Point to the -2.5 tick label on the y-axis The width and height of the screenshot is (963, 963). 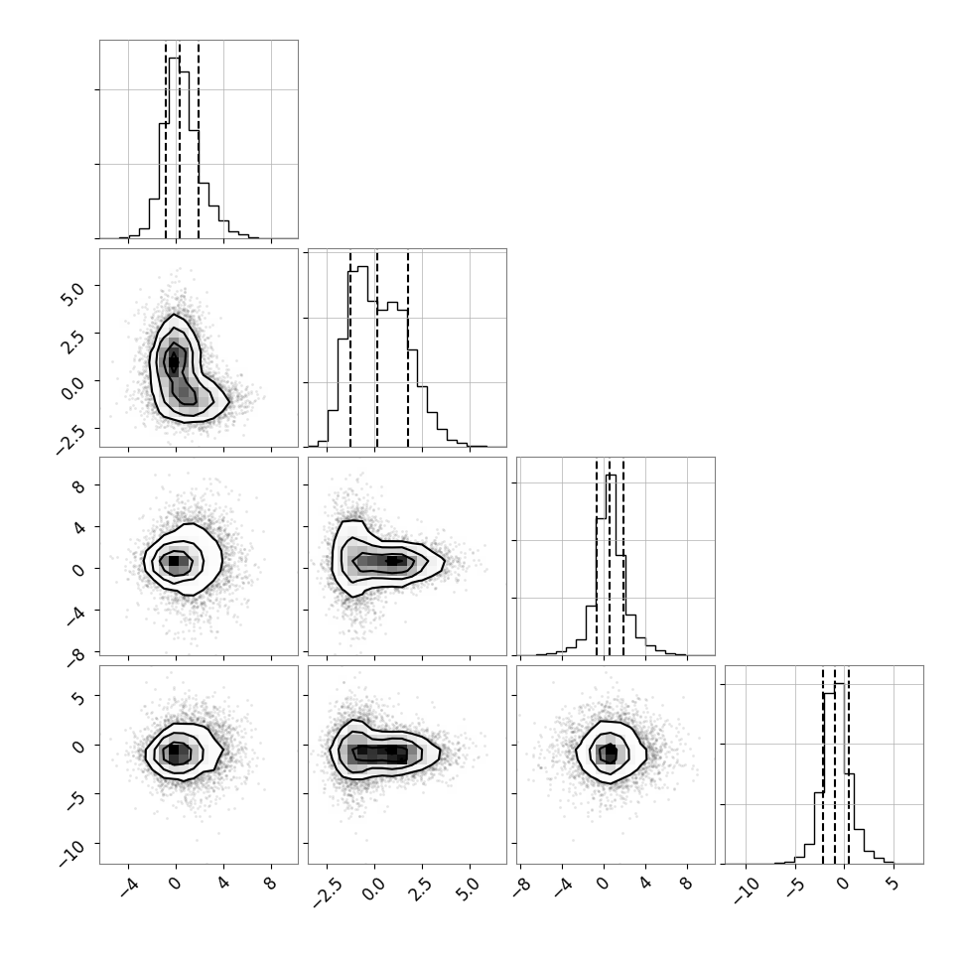point(71,441)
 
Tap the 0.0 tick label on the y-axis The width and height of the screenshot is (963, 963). point(72,388)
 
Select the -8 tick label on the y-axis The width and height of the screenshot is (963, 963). point(76,658)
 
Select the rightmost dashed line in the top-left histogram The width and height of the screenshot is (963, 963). point(199,139)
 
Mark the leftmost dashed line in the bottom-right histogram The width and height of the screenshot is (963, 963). point(823,764)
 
